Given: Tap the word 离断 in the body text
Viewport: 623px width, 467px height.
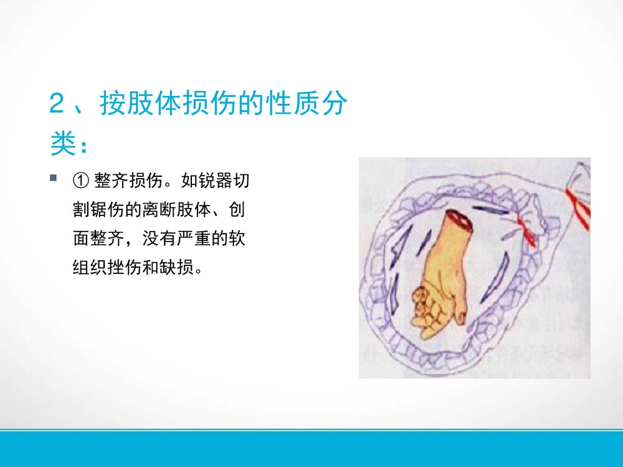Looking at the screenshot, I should tap(162, 210).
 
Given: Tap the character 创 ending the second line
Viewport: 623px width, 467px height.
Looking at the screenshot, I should tap(237, 210).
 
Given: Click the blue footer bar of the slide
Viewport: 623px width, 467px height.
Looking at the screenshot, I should tap(311, 449).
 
